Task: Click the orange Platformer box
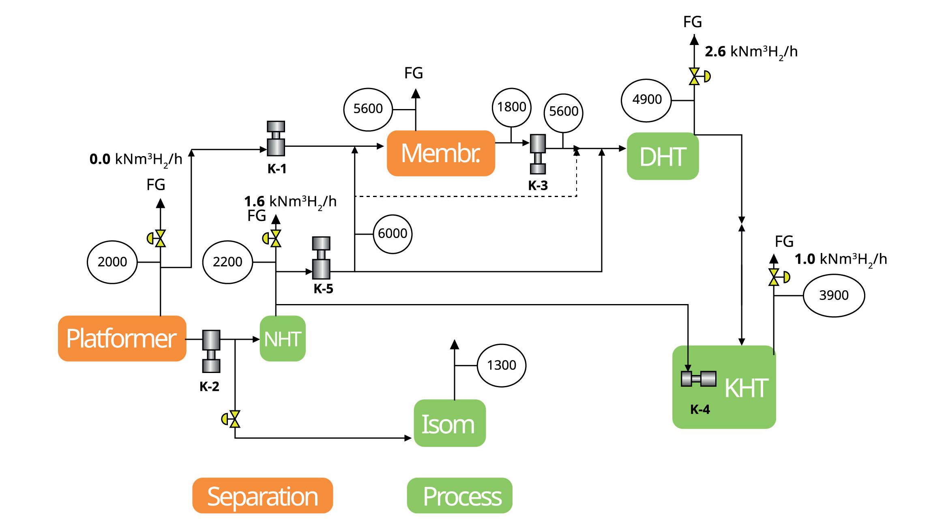click(x=122, y=339)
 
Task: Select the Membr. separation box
click(x=441, y=153)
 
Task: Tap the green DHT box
click(x=663, y=156)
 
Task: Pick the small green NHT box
click(x=283, y=339)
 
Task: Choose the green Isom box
click(x=449, y=423)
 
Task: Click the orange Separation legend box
click(x=262, y=496)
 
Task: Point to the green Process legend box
click(x=459, y=496)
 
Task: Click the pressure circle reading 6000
click(x=393, y=234)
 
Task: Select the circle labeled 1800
click(x=512, y=107)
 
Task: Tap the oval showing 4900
click(x=647, y=100)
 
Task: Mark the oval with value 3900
click(x=834, y=296)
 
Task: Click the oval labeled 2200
click(x=227, y=262)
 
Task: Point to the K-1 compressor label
click(x=277, y=169)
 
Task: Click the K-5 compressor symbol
click(x=321, y=258)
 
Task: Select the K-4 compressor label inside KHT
click(x=700, y=409)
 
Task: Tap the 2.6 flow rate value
click(x=715, y=52)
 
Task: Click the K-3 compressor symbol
click(x=538, y=154)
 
